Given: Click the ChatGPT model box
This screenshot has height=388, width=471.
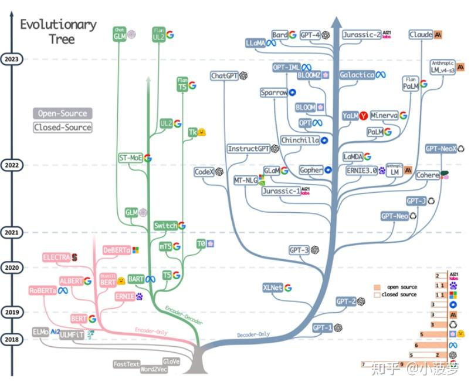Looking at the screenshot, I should (223, 76).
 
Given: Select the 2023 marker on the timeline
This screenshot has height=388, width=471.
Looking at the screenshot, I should (12, 59).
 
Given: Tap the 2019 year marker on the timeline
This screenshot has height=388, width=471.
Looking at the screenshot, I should (12, 312).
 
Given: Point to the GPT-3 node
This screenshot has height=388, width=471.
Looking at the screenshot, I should (299, 250).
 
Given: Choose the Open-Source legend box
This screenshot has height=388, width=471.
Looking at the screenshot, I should (62, 113).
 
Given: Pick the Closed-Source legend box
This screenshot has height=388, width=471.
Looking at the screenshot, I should (62, 127).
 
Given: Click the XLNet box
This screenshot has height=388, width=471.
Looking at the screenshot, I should (273, 287).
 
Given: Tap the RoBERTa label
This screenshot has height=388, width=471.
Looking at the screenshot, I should (43, 290).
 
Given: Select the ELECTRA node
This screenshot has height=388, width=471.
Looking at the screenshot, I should (56, 257).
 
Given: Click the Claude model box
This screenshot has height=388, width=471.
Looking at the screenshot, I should (421, 35).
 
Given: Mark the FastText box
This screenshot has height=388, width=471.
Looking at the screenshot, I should (127, 364).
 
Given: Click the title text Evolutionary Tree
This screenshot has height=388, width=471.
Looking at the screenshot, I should (58, 32).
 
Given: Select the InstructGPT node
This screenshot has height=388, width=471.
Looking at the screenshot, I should (249, 149).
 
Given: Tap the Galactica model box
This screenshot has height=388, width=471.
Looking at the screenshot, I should (357, 75).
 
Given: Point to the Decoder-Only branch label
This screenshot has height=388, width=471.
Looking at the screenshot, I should (253, 335).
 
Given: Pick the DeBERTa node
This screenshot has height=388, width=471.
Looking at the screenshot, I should (116, 250).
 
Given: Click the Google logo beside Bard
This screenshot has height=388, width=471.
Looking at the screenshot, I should (292, 35).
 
